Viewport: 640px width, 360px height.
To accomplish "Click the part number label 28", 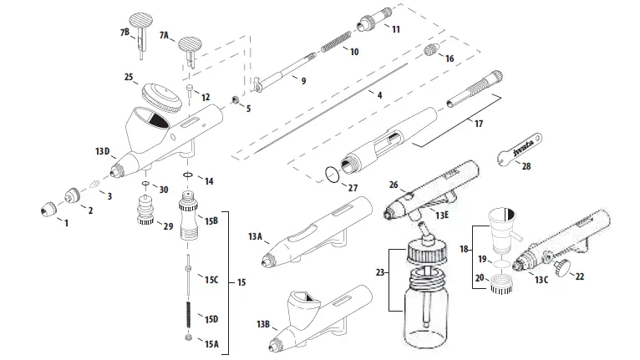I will (x=526, y=166).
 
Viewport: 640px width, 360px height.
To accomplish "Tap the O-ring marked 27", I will (x=333, y=175).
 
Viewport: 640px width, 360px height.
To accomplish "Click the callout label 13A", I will (x=255, y=237).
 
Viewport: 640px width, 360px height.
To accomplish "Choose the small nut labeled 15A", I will (x=188, y=337).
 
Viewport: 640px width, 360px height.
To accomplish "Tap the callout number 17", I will (x=478, y=124).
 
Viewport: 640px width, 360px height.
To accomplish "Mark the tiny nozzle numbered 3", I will (x=94, y=185).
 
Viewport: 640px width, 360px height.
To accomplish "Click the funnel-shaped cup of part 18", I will (x=505, y=226).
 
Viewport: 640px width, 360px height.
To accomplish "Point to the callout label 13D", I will (x=102, y=151).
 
